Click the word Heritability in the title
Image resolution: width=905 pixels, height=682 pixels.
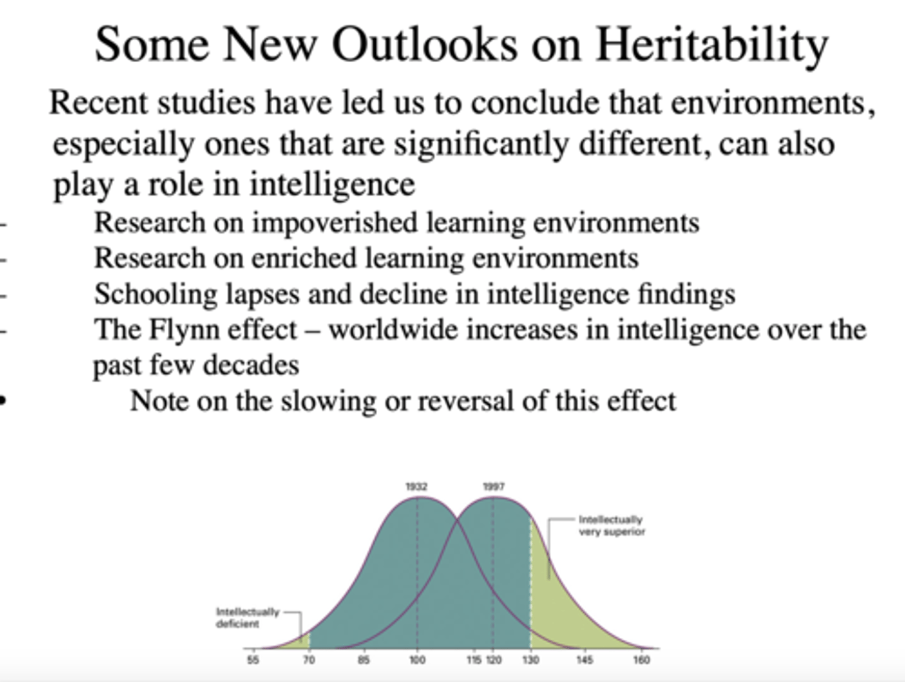coord(711,46)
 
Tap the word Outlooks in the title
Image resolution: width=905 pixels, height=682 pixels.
coord(425,45)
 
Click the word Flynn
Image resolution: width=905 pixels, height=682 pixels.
coord(184,329)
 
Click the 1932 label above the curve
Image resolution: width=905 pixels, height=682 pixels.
coord(416,487)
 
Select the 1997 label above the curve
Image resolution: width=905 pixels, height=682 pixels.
coord(493,487)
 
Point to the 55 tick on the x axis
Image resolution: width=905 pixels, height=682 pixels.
coord(253,659)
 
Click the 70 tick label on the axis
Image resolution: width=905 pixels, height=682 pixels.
coord(309,659)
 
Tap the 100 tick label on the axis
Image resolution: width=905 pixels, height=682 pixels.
coord(417,659)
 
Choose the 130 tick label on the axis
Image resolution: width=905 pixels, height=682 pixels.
coord(530,659)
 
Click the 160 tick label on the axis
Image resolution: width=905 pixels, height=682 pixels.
coord(641,659)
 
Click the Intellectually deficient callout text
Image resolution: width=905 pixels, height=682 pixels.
coord(247,617)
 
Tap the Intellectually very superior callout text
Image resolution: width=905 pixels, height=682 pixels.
coord(611,525)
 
